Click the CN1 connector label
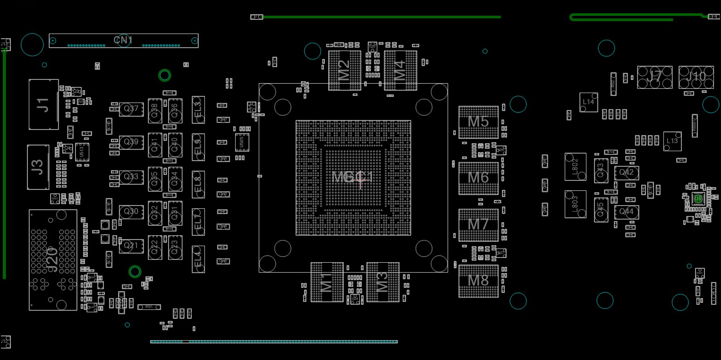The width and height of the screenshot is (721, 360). click(123, 41)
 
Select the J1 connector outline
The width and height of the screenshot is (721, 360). click(43, 104)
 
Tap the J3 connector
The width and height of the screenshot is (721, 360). click(38, 167)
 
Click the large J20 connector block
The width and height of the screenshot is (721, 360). click(53, 260)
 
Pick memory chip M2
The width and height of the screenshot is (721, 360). click(345, 70)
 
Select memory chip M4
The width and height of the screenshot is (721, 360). click(400, 70)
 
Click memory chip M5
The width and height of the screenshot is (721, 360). click(478, 122)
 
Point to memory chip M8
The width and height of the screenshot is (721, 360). click(478, 281)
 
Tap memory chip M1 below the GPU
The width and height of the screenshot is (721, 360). click(327, 282)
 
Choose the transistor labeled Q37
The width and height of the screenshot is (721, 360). click(131, 109)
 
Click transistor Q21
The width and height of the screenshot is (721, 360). click(131, 246)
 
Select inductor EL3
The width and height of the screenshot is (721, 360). click(198, 110)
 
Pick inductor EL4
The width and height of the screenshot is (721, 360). click(198, 259)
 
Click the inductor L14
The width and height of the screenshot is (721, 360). click(588, 102)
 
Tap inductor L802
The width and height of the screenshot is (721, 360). click(575, 166)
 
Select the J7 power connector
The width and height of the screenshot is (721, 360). click(654, 77)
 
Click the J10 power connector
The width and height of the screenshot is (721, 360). click(696, 77)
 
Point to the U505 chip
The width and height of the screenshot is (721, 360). click(242, 142)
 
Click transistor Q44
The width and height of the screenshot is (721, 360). click(627, 212)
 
